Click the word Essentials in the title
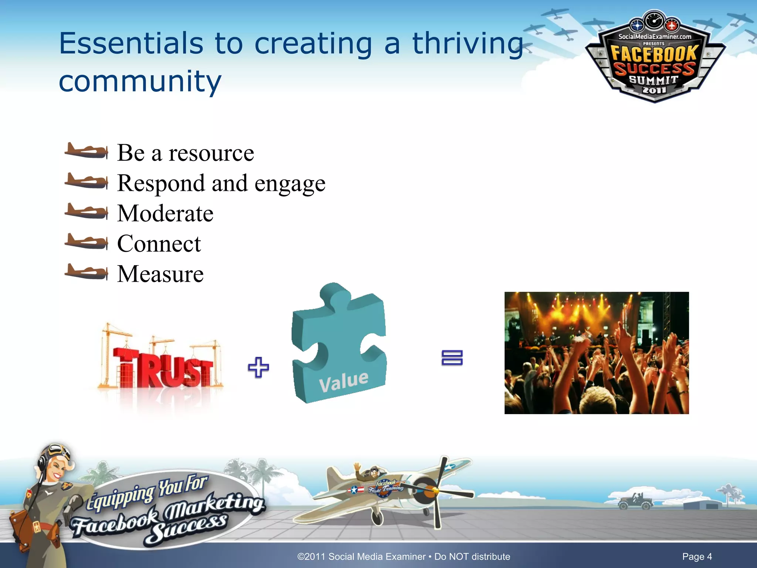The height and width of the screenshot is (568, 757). pyautogui.click(x=131, y=44)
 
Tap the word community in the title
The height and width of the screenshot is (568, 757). pyautogui.click(x=140, y=81)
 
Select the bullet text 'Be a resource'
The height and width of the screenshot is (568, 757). pyautogui.click(x=186, y=153)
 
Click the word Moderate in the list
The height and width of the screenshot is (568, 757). pyautogui.click(x=165, y=213)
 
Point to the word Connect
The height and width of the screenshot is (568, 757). pyautogui.click(x=159, y=244)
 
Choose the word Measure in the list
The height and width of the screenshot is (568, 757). pyautogui.click(x=160, y=274)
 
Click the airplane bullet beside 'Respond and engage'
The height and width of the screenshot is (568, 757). pyautogui.click(x=86, y=181)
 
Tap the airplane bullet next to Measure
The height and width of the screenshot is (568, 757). pyautogui.click(x=86, y=272)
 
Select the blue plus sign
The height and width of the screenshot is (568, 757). pyautogui.click(x=258, y=367)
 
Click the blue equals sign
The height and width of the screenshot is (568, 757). pyautogui.click(x=452, y=358)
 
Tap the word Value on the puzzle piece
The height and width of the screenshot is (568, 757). pyautogui.click(x=344, y=381)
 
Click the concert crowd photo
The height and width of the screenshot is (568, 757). pyautogui.click(x=597, y=353)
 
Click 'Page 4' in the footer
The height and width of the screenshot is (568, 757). pyautogui.click(x=697, y=557)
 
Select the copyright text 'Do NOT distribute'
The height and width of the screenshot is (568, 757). pyautogui.click(x=472, y=557)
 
